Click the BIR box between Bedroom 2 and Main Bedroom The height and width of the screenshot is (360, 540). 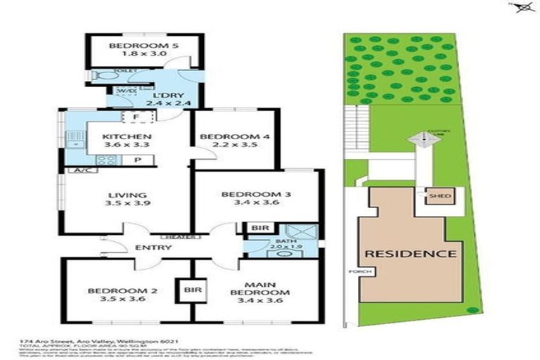point(190,289)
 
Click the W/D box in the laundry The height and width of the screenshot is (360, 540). point(126,91)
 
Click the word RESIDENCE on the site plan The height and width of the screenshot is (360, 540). point(409,253)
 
